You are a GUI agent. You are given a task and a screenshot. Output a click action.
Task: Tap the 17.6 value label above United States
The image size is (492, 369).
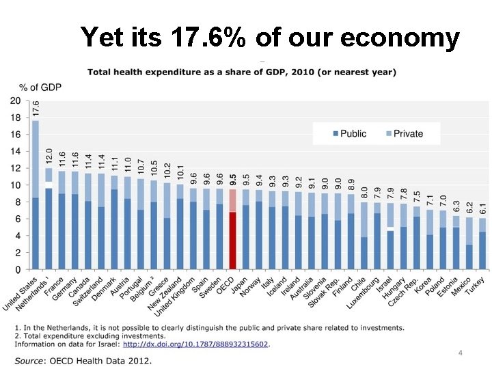(36, 108)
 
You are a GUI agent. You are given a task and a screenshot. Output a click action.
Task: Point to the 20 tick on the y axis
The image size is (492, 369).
(14, 100)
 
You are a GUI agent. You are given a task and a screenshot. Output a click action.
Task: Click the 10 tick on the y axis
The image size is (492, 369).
(14, 185)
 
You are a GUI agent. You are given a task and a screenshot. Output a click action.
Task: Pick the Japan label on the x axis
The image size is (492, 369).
(241, 287)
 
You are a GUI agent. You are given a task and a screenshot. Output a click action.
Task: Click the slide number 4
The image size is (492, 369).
(461, 353)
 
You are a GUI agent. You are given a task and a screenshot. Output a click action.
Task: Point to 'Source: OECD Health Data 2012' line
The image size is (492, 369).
(83, 360)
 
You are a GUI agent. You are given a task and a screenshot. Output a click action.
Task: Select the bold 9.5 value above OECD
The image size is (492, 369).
(233, 180)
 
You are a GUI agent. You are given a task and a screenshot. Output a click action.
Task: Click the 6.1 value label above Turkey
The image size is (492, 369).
(482, 209)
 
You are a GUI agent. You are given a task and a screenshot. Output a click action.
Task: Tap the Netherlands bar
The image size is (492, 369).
(49, 219)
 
